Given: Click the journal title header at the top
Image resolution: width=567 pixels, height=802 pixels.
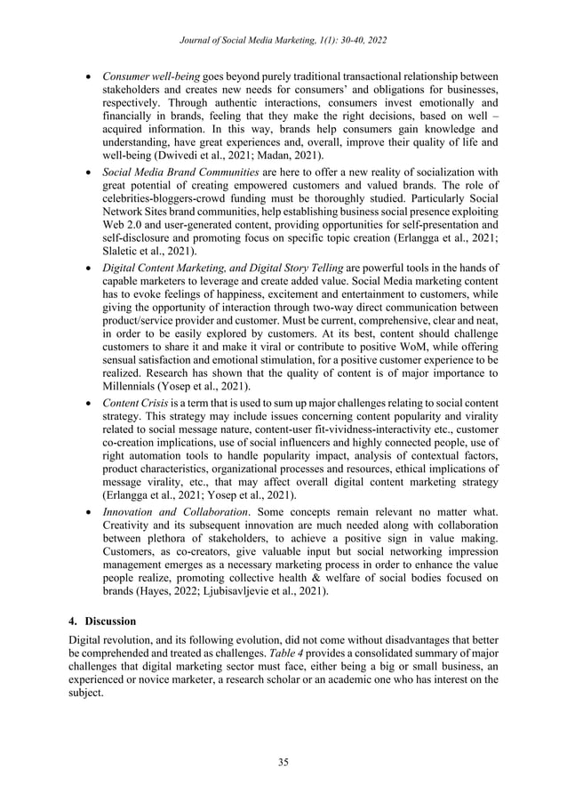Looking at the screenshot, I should (x=283, y=40).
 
